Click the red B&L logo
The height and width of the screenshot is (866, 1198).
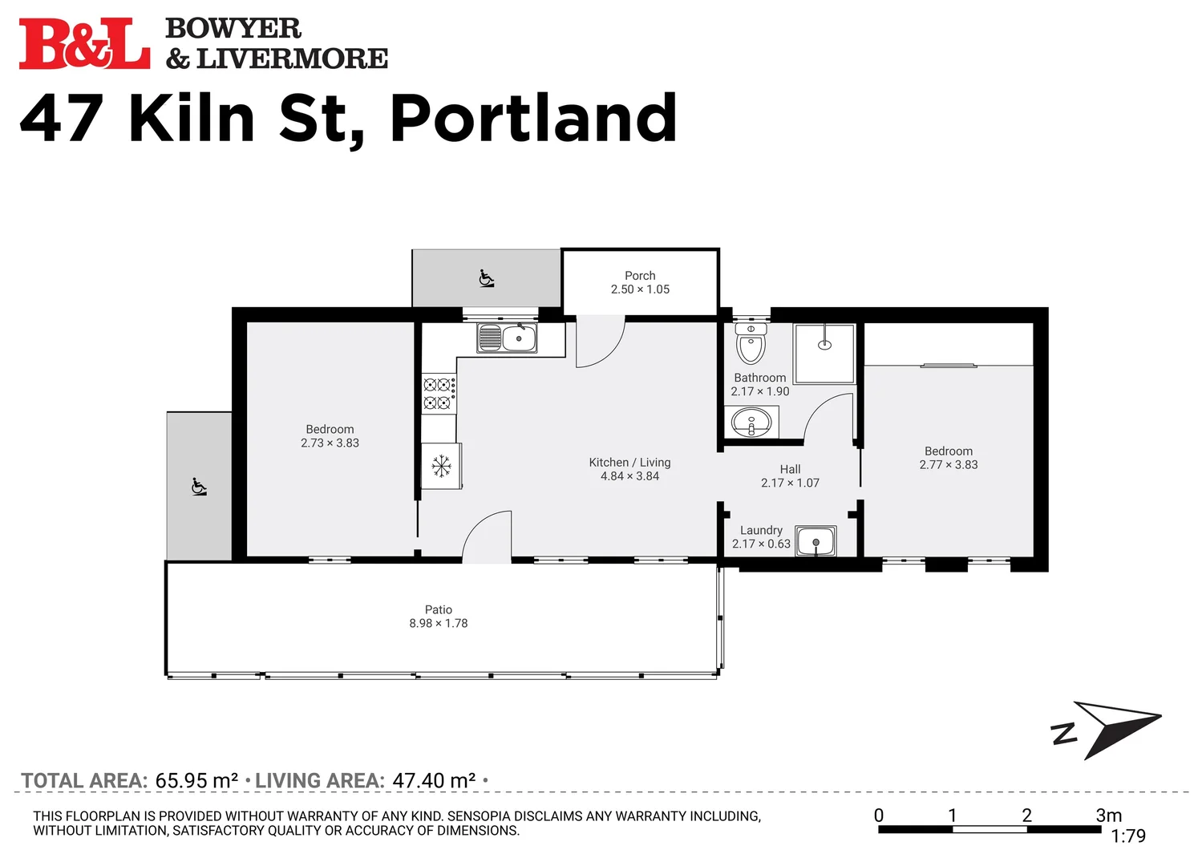(x=84, y=44)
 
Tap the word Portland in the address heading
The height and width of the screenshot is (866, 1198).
(x=534, y=119)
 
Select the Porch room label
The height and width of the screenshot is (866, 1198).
(x=640, y=276)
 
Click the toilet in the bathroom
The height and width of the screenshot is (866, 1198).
(x=751, y=343)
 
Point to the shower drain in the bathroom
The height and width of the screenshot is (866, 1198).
(x=824, y=345)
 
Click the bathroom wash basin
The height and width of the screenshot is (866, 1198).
(x=751, y=422)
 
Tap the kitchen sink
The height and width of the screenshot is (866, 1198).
(x=507, y=338)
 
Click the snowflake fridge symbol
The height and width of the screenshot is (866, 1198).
(x=441, y=466)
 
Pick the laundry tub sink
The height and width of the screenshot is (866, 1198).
(x=816, y=541)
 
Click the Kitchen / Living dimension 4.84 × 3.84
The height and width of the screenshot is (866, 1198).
(x=629, y=476)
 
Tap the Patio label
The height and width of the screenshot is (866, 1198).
(x=439, y=609)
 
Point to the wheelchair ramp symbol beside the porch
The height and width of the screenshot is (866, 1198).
(x=486, y=279)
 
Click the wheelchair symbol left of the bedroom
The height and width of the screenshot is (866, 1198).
(x=199, y=487)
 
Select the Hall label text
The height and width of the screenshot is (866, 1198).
(x=790, y=469)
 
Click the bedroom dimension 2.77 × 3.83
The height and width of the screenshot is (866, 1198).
(x=949, y=464)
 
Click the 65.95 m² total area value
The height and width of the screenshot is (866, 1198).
(x=196, y=780)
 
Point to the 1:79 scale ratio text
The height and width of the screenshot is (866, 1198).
(x=1128, y=836)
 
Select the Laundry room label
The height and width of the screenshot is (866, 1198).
(x=761, y=530)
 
